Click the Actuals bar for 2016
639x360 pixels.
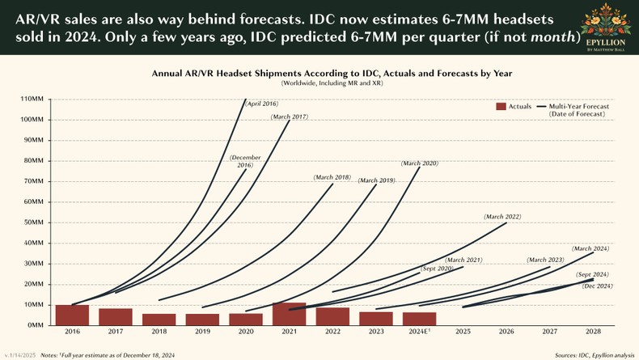pyautogui.click(x=72, y=315)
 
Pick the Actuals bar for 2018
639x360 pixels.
pyautogui.click(x=159, y=320)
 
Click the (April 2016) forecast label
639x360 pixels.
pyautogui.click(x=261, y=104)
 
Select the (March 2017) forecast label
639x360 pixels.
pyautogui.click(x=290, y=118)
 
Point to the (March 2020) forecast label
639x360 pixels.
pyautogui.click(x=419, y=163)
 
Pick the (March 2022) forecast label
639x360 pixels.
pyautogui.click(x=501, y=217)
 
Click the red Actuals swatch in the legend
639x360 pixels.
pyautogui.click(x=500, y=107)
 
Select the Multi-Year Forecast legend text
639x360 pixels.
pyautogui.click(x=578, y=107)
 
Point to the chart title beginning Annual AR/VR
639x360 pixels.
pyautogui.click(x=332, y=73)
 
